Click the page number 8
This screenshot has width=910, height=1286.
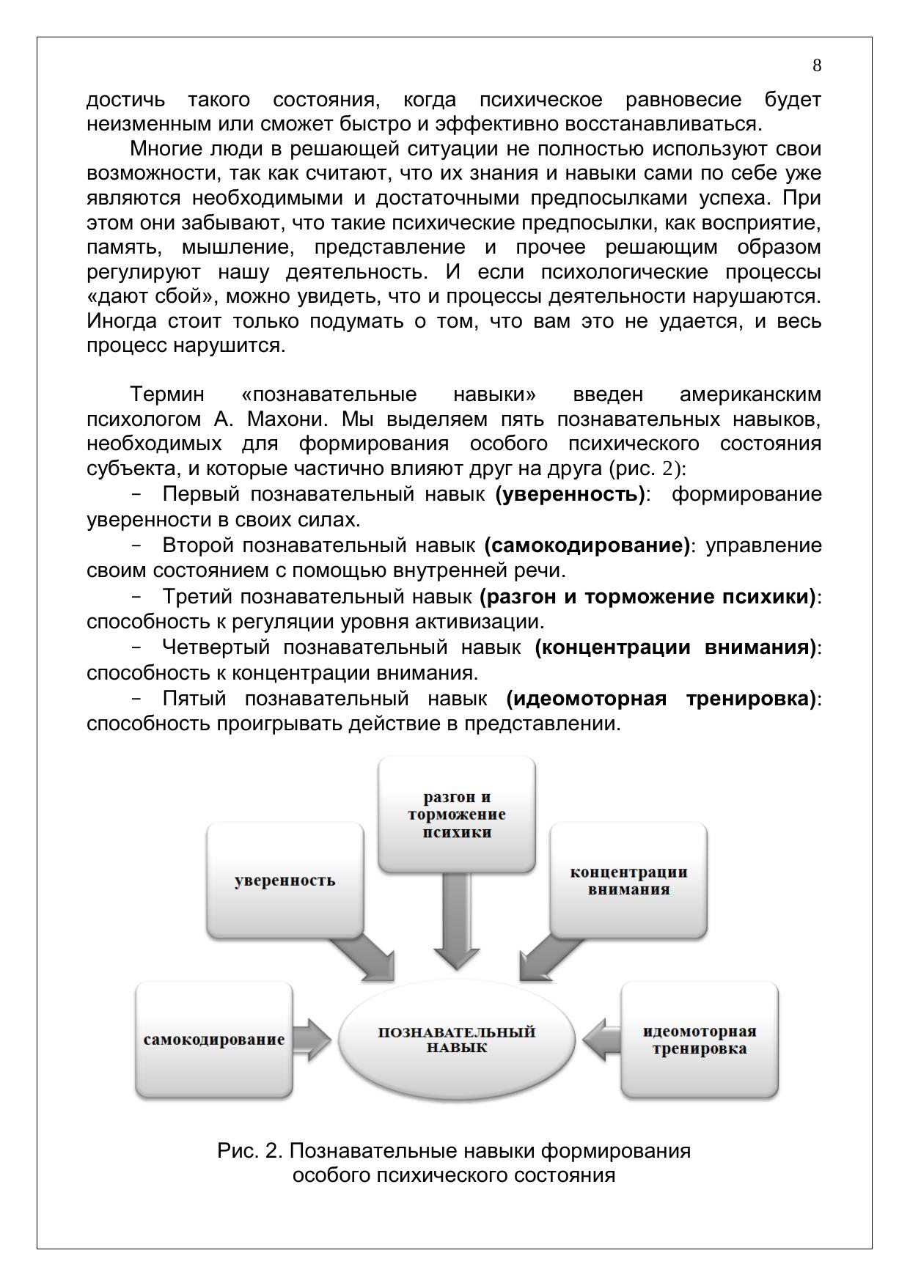(x=817, y=66)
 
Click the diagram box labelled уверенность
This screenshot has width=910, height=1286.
(x=285, y=880)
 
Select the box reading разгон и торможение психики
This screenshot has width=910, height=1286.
(x=456, y=814)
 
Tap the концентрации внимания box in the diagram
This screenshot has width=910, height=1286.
(x=628, y=880)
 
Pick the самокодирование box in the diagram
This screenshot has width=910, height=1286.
(x=214, y=1040)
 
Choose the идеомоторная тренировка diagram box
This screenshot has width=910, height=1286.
(x=700, y=1040)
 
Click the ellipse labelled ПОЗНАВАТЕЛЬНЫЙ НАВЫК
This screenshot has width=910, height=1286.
(x=456, y=1040)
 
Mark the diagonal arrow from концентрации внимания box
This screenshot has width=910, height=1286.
(x=547, y=957)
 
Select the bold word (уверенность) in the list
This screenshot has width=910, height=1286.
(x=570, y=494)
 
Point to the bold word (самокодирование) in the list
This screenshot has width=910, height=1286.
(x=587, y=545)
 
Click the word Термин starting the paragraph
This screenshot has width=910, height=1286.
(x=167, y=394)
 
